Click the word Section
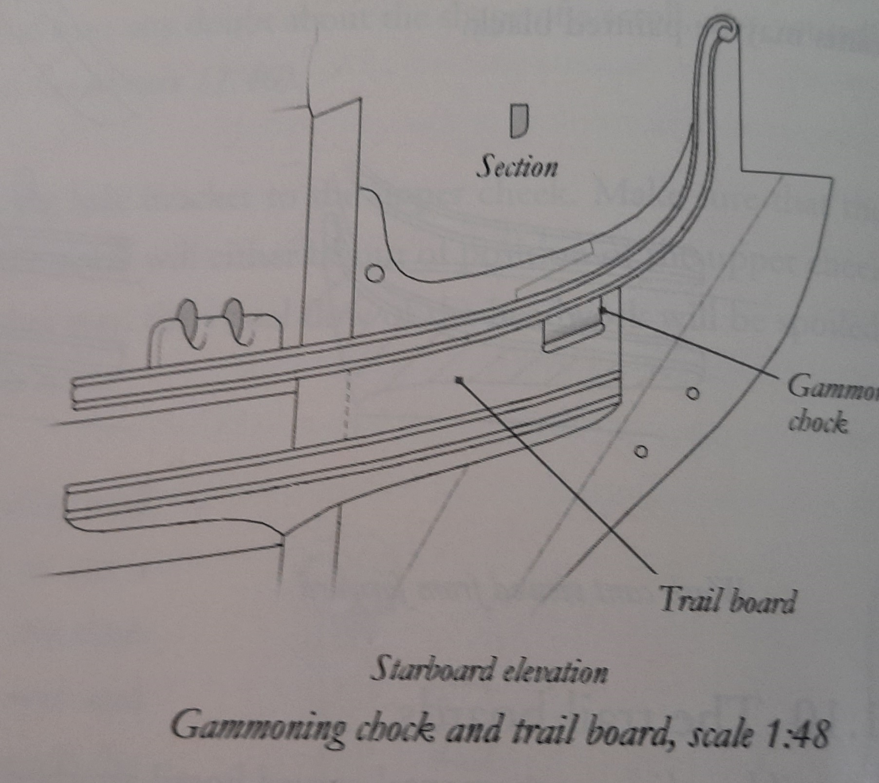pyautogui.click(x=517, y=167)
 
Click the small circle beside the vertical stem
pyautogui.click(x=374, y=273)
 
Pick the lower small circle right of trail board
pyautogui.click(x=641, y=452)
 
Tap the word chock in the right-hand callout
pyautogui.click(x=818, y=422)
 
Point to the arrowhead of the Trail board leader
pyautogui.click(x=458, y=381)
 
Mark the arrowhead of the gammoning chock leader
pyautogui.click(x=603, y=310)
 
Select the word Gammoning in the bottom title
pyautogui.click(x=259, y=728)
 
